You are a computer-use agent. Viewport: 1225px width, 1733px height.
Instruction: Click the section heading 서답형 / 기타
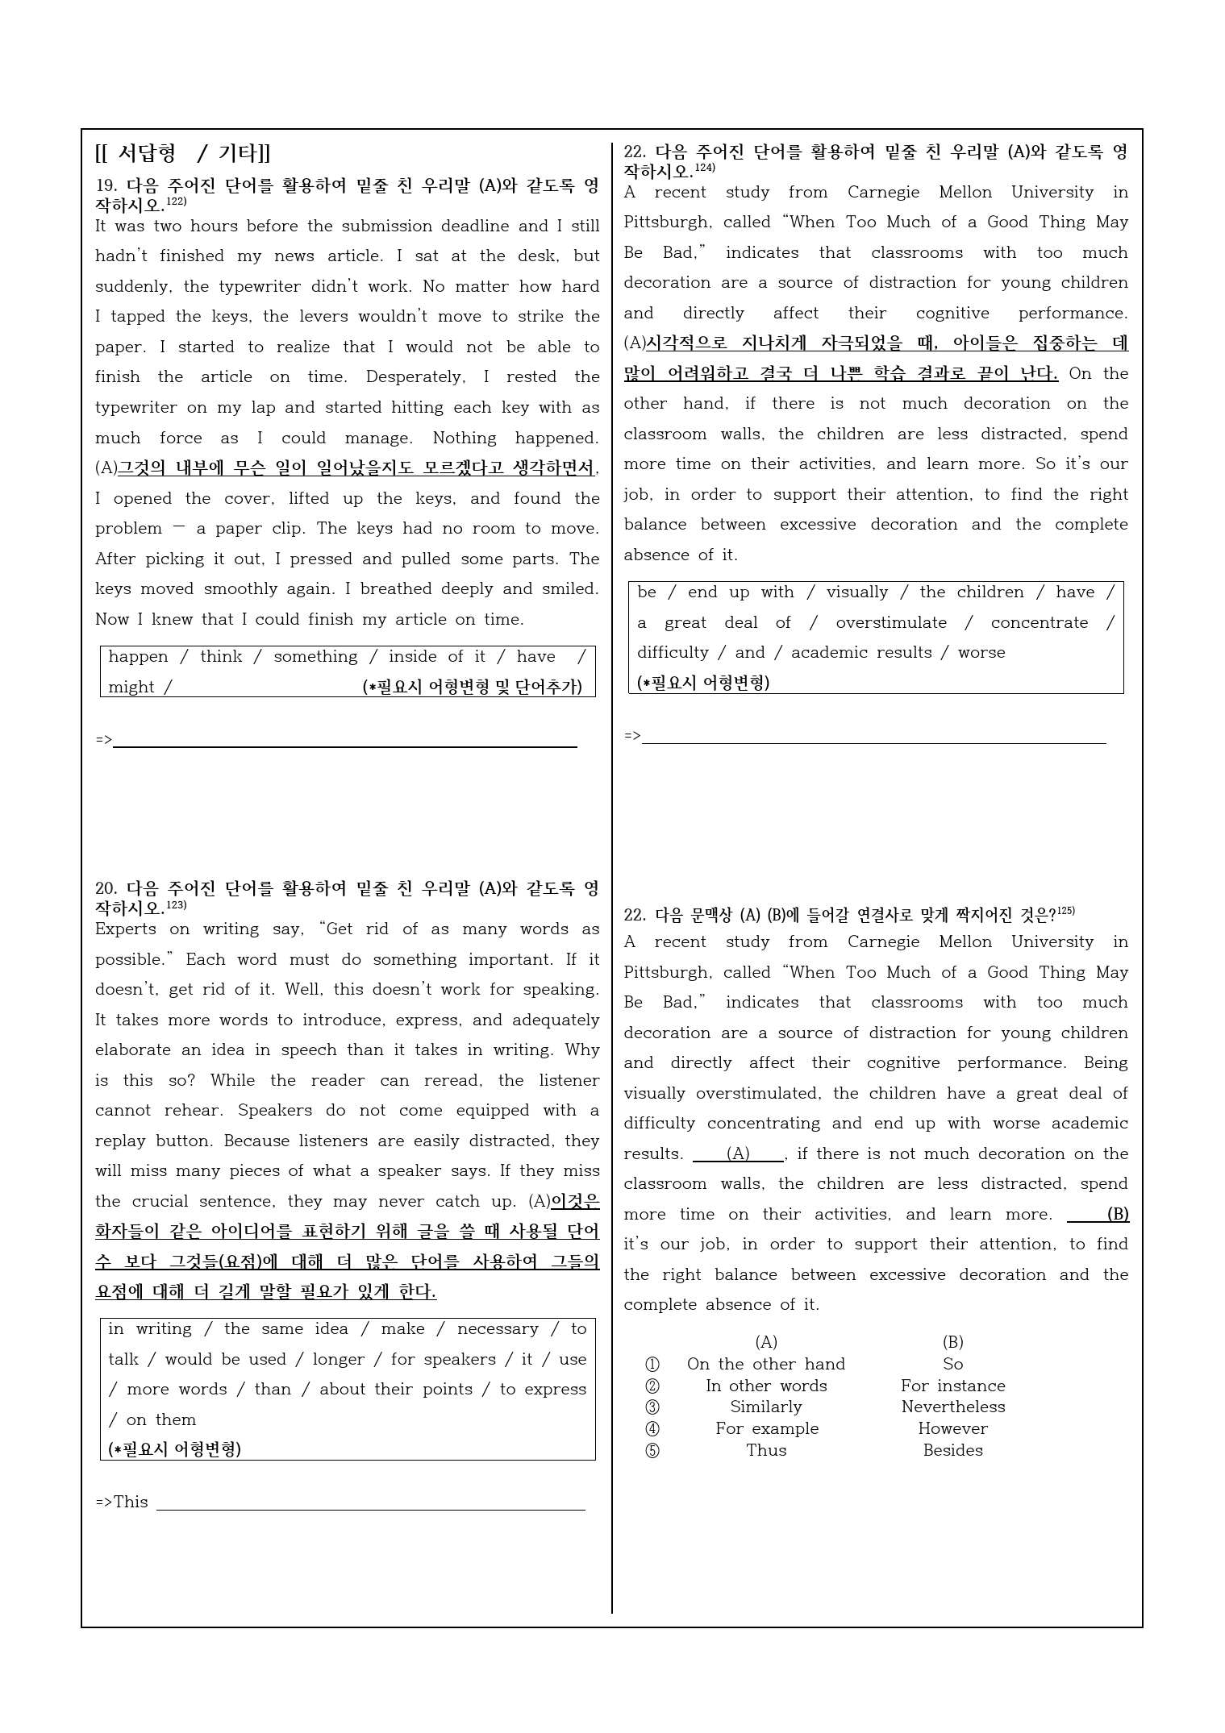click(x=183, y=153)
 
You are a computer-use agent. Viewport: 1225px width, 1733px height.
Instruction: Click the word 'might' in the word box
click(x=131, y=688)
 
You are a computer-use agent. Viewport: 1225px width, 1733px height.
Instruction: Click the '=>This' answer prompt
click(x=122, y=1502)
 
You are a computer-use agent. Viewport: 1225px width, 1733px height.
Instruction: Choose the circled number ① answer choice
click(x=652, y=1364)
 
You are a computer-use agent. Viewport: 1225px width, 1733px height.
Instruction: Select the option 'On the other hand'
click(x=765, y=1364)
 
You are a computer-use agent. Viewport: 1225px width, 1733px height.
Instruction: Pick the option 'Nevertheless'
click(x=952, y=1407)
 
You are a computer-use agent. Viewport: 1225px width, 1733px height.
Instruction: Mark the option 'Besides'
click(x=952, y=1450)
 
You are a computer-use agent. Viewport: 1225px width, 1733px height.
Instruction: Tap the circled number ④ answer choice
click(x=652, y=1428)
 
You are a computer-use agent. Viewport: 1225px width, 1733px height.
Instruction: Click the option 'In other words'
click(x=765, y=1386)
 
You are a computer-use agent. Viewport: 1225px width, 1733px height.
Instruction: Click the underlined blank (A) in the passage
click(x=738, y=1154)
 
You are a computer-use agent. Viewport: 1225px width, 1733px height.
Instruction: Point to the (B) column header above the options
click(x=952, y=1342)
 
